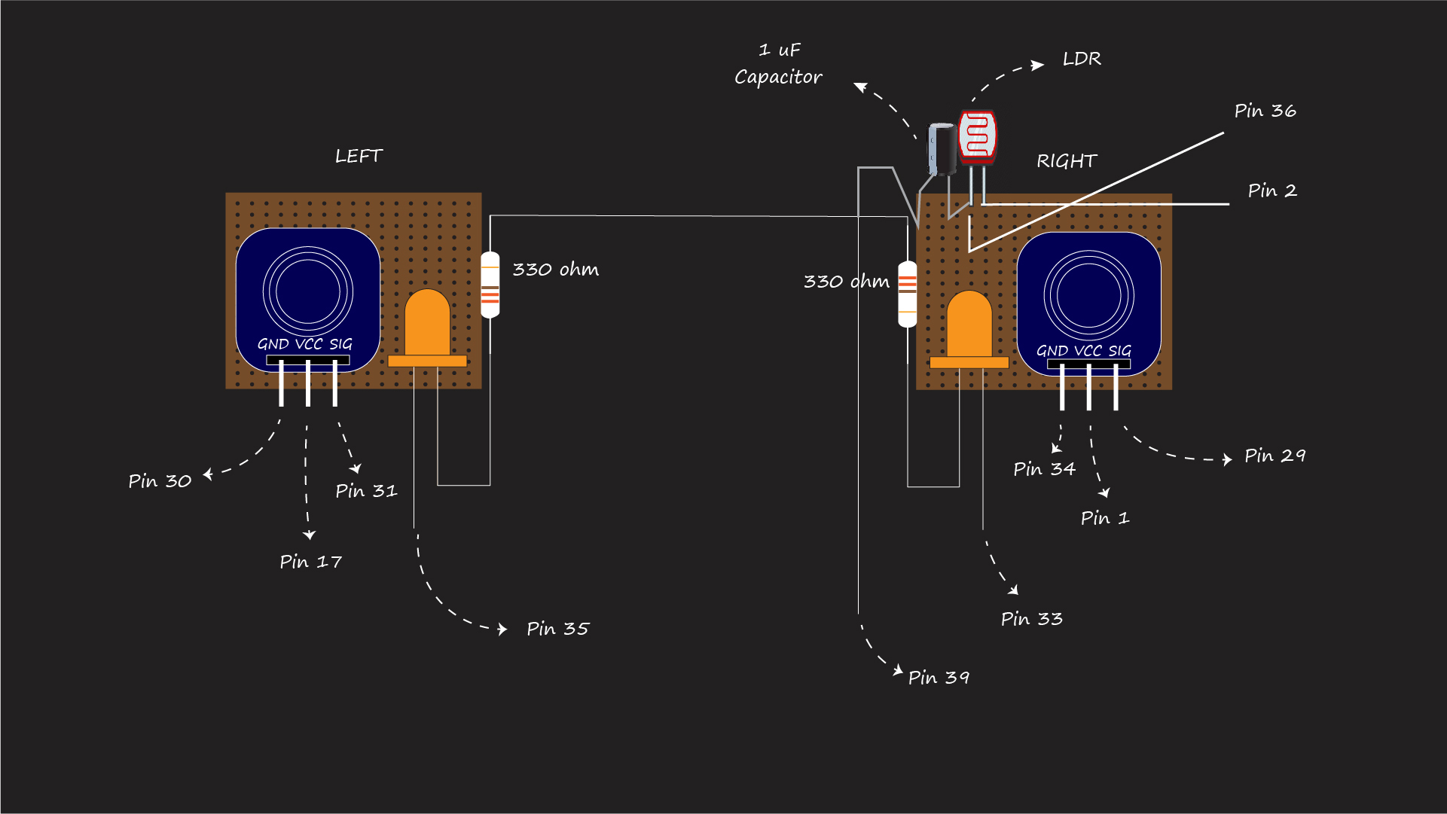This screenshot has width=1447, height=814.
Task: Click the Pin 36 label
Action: pyautogui.click(x=1265, y=111)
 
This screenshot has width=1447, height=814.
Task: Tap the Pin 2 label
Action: pyautogui.click(x=1271, y=191)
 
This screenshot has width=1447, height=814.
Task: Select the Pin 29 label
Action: pyautogui.click(x=1275, y=456)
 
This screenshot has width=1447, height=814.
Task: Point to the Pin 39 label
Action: pyautogui.click(x=939, y=678)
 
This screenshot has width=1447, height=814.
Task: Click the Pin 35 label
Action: pyautogui.click(x=557, y=629)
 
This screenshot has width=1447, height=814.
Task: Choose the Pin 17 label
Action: pyautogui.click(x=310, y=562)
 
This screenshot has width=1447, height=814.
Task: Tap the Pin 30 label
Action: pyautogui.click(x=160, y=481)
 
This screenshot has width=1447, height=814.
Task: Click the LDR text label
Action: pyautogui.click(x=1082, y=59)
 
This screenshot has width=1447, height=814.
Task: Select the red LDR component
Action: pyautogui.click(x=977, y=136)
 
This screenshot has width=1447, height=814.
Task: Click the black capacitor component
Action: pyautogui.click(x=942, y=148)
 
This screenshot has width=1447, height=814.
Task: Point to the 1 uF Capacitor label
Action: pyautogui.click(x=778, y=64)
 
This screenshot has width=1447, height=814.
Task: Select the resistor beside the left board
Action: pyautogui.click(x=490, y=285)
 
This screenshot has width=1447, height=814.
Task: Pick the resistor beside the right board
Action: pyautogui.click(x=908, y=294)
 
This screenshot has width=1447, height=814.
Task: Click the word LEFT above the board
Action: pyautogui.click(x=359, y=156)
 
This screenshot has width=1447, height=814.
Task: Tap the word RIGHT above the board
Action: pyautogui.click(x=1067, y=161)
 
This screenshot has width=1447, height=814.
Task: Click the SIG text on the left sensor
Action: pyautogui.click(x=340, y=344)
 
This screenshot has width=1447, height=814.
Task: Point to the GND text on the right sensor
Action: pyautogui.click(x=1052, y=351)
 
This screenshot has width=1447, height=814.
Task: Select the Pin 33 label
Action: pyautogui.click(x=1031, y=619)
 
